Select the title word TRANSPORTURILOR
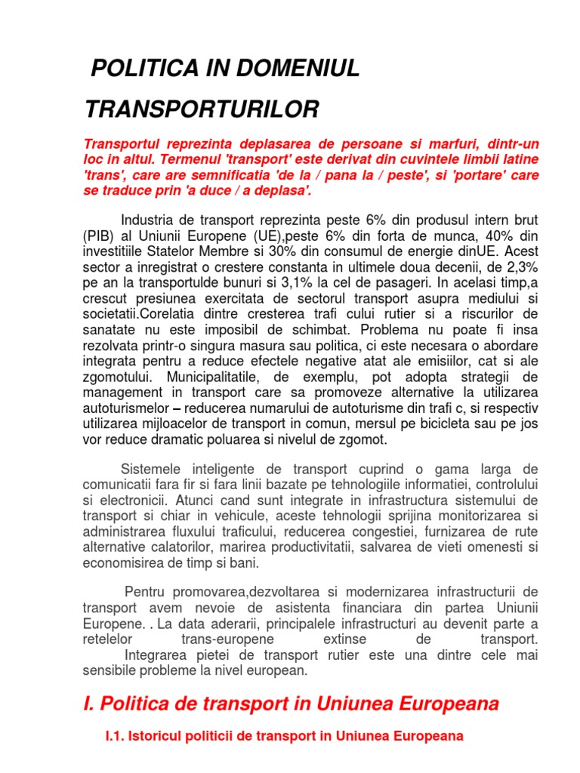(x=202, y=109)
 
